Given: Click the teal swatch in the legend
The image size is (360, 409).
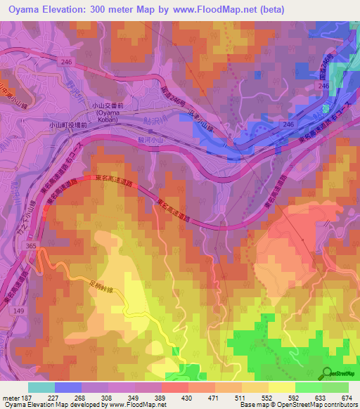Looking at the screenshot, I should click(41, 387).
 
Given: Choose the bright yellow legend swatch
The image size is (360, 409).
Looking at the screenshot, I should click(281, 387).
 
